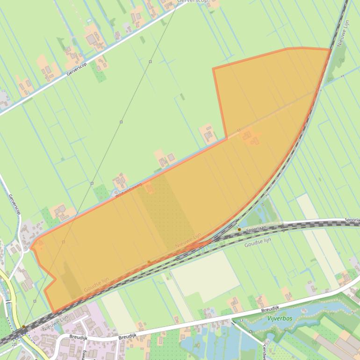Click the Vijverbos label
click(x=280, y=318)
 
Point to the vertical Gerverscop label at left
click(x=14, y=205)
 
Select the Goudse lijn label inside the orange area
click(x=97, y=285)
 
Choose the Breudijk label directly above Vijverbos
click(x=270, y=309)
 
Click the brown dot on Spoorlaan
click(x=239, y=230)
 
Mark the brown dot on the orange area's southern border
click(x=149, y=262)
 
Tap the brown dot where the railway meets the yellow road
click(x=23, y=327)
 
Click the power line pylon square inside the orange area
click(x=63, y=242)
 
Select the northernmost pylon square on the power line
click(x=150, y=62)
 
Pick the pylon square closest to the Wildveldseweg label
click(x=92, y=183)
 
